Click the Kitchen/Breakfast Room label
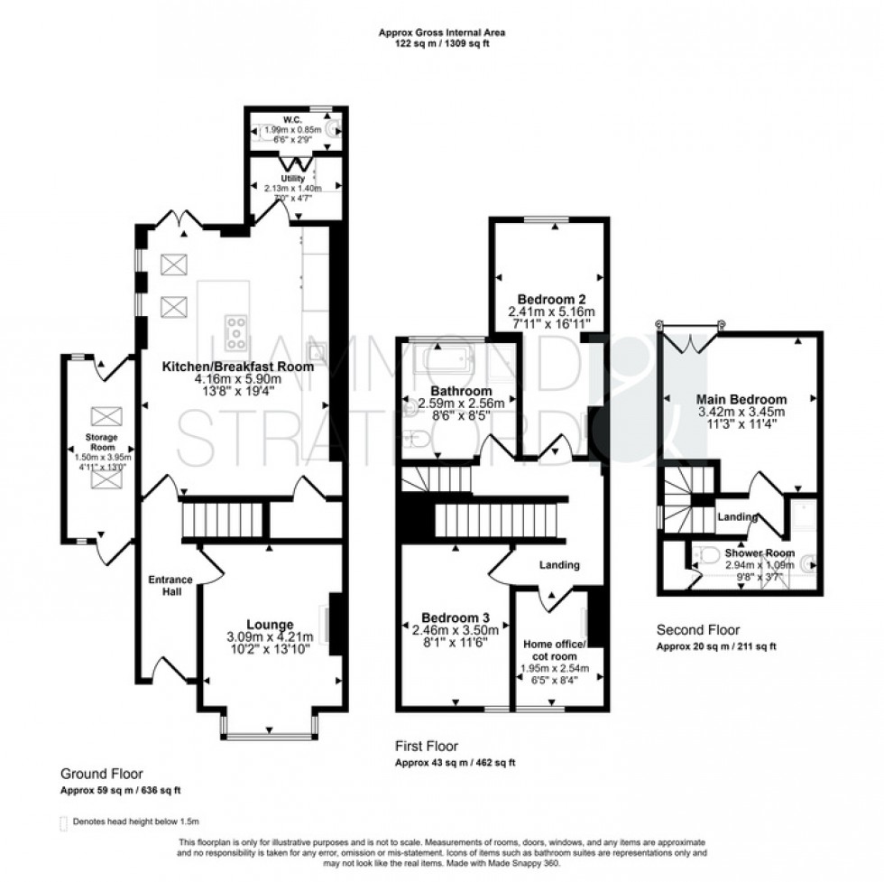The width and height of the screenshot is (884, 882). pos(237,367)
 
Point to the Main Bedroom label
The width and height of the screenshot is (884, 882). pos(741,398)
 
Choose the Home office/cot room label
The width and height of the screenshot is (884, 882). pos(555,649)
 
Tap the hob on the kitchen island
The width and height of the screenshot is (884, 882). pos(236,332)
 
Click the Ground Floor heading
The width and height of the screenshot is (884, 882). pos(101,774)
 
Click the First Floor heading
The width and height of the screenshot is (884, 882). pos(427,747)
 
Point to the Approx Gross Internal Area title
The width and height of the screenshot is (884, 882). pos(442,32)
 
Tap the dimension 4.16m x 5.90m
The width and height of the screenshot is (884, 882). pos(237,379)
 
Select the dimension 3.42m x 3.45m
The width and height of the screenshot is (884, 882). pos(741,411)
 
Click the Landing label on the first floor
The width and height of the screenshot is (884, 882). pos(559,565)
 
